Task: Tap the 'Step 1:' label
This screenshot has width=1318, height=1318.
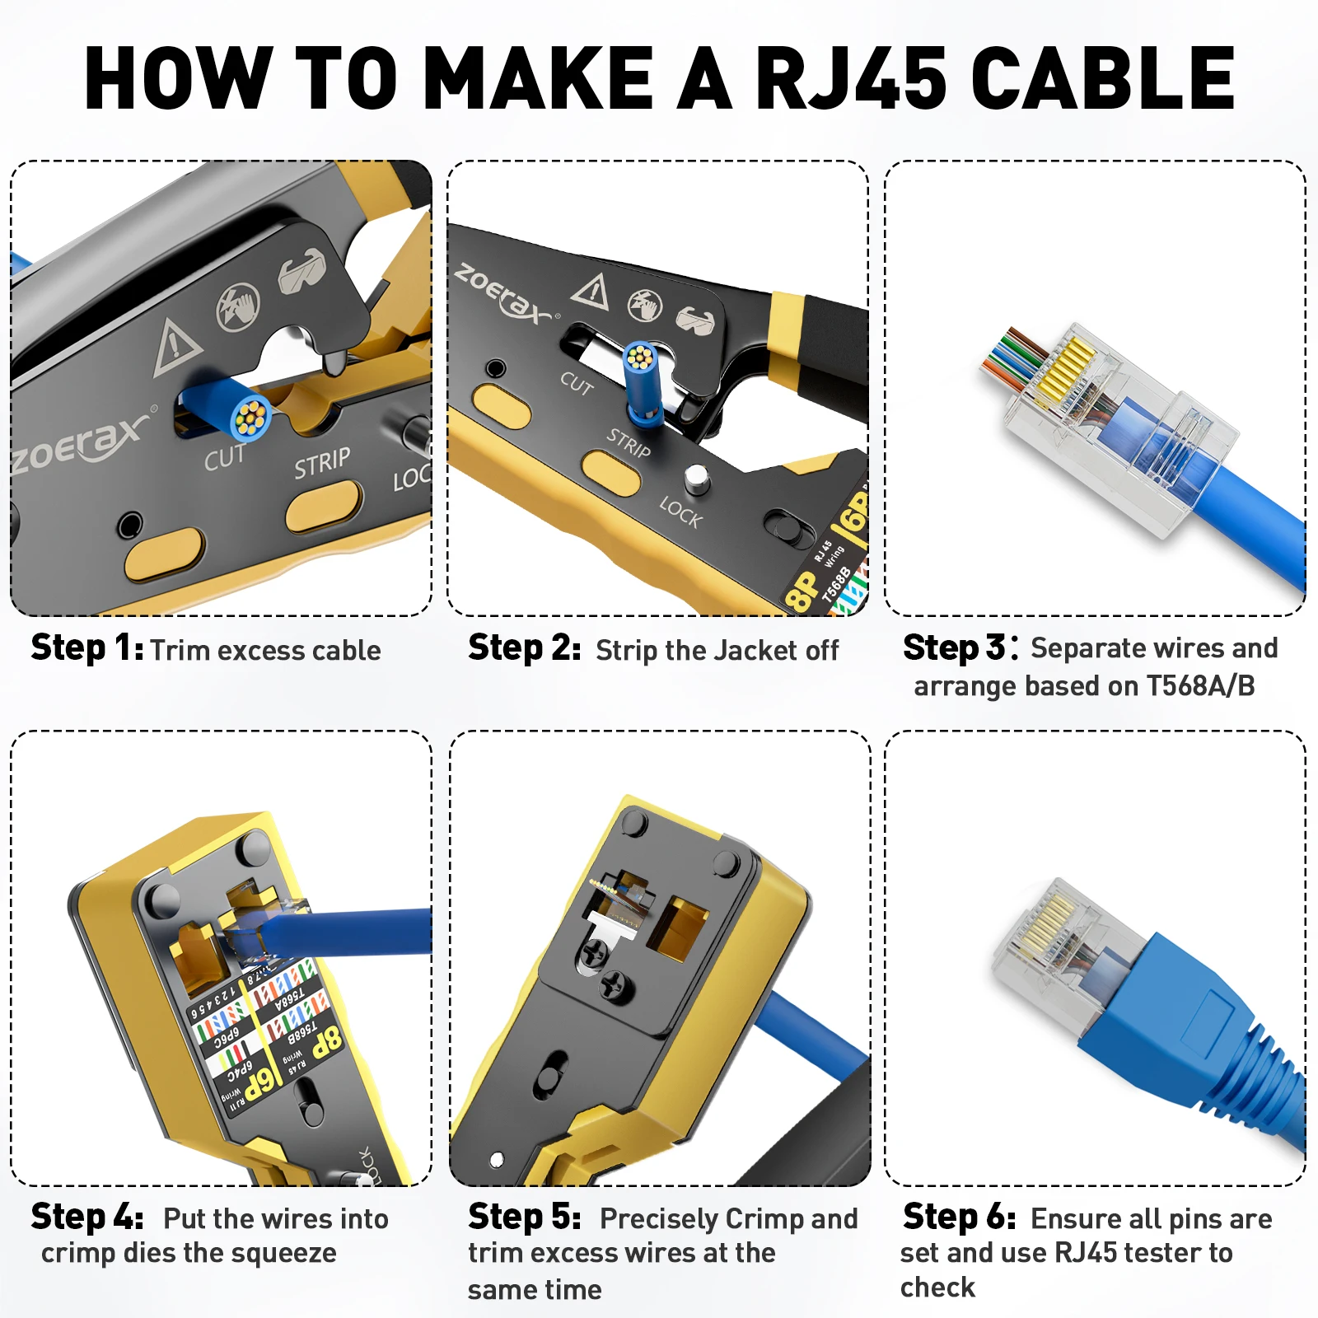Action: [87, 648]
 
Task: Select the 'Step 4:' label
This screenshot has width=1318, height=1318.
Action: [87, 1218]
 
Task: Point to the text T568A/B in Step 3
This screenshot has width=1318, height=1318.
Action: [1200, 686]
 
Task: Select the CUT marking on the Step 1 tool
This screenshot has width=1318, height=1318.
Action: [224, 458]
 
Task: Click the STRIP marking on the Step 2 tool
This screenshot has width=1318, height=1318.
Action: [629, 443]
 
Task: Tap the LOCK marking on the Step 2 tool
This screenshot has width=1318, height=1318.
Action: [680, 512]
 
